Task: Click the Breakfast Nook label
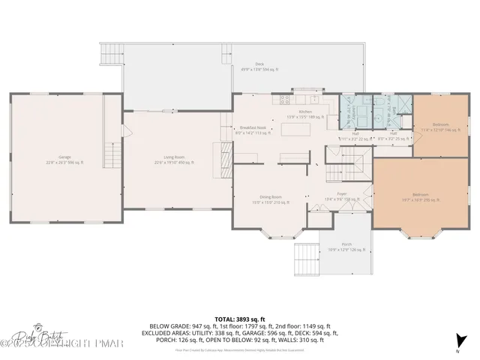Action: click(x=254, y=130)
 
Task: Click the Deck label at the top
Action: click(x=259, y=66)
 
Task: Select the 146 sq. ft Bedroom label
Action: click(x=440, y=126)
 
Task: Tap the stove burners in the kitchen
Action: click(x=285, y=99)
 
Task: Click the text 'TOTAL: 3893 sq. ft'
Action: click(x=240, y=319)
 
